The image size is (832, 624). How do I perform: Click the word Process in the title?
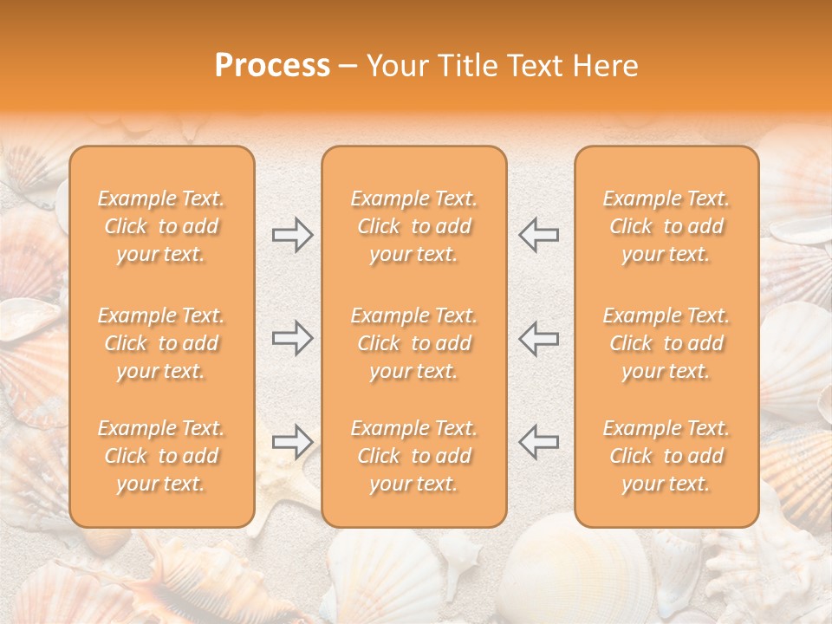pos(272,66)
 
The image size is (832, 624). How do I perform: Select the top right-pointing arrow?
pos(292,235)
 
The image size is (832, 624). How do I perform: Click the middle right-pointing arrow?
pos(292,338)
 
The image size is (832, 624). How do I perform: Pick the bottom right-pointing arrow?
pos(292,442)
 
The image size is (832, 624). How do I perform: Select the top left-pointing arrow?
pos(538,235)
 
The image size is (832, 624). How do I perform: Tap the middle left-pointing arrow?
pos(538,338)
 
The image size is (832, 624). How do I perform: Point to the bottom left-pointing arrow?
pos(538,442)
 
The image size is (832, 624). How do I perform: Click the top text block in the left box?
pos(161,226)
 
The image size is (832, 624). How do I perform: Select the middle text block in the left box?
pos(161,343)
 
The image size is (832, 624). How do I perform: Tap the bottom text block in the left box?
pos(161,456)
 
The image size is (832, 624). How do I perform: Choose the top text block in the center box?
pos(414,226)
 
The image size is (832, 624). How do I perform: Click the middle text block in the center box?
pos(414,343)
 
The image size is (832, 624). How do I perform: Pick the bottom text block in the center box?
pos(414,456)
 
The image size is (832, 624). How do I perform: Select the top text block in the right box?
pos(666,226)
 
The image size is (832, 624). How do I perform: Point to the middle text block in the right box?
pos(666,343)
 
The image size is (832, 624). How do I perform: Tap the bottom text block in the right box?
pos(666,456)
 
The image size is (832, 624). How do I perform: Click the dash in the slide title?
pos(348,67)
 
